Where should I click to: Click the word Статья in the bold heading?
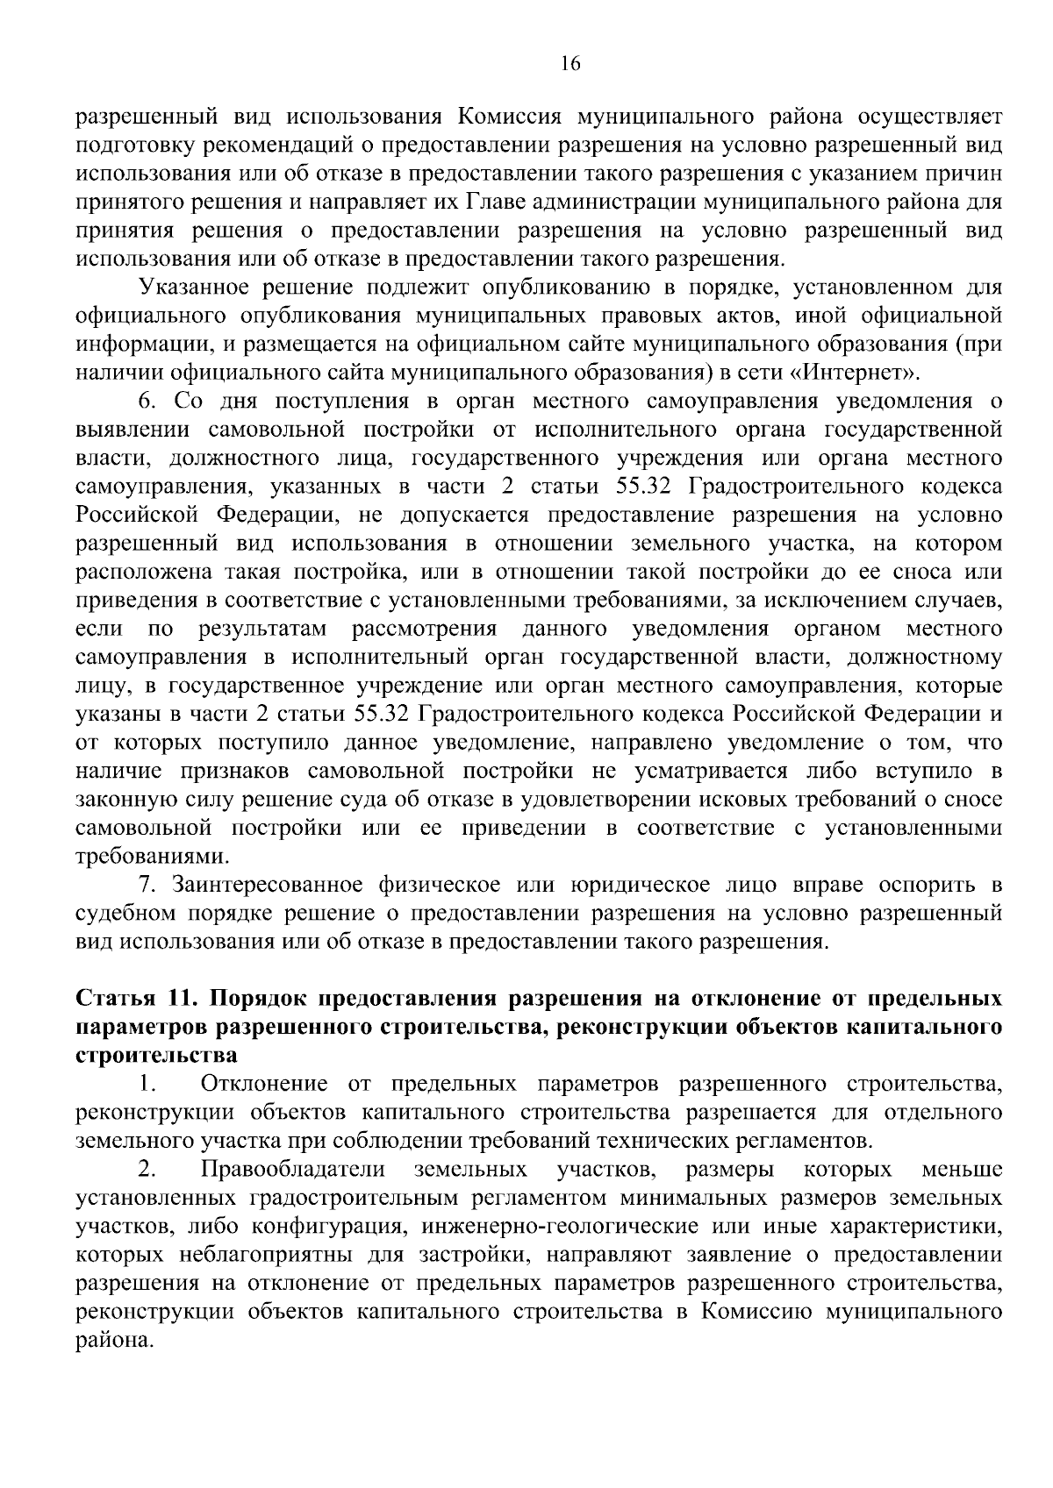(117, 1000)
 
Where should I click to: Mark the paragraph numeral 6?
(147, 402)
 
